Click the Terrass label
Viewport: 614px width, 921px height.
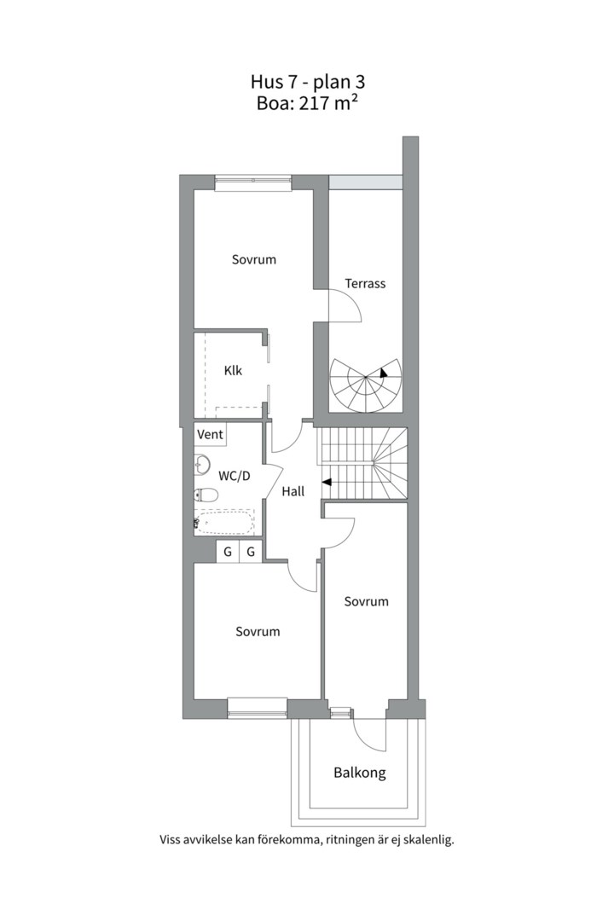point(365,284)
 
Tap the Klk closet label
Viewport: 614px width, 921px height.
point(233,371)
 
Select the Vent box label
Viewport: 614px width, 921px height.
point(211,434)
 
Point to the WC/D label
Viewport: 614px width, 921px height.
point(235,476)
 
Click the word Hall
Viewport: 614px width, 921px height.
point(293,491)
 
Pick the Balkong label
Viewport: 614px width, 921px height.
point(360,773)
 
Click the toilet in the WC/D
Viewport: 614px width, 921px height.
point(205,495)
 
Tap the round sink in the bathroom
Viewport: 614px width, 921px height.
point(201,466)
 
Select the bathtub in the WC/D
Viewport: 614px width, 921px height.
point(224,522)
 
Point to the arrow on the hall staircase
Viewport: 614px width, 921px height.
point(326,482)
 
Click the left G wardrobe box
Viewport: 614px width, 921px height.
point(228,552)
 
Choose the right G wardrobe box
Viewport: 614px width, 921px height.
point(251,552)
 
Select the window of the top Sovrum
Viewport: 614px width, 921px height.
point(253,182)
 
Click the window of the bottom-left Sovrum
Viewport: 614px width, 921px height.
point(258,709)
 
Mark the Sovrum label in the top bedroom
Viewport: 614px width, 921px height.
point(254,259)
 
